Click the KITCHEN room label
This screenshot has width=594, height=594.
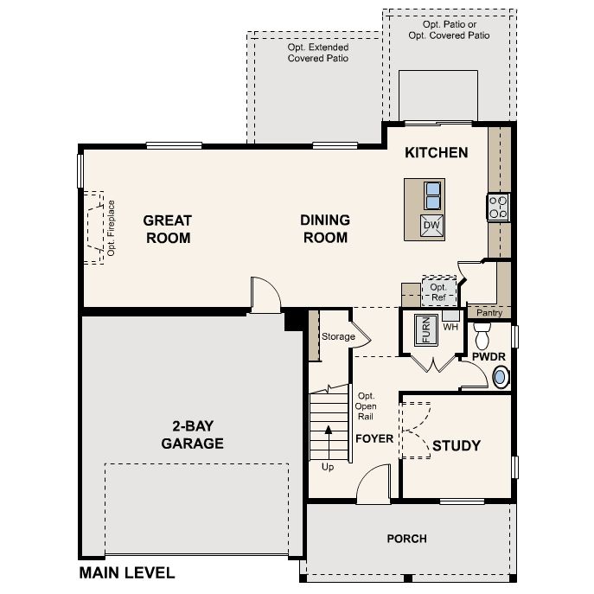pyautogui.click(x=437, y=153)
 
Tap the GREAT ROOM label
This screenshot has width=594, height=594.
pyautogui.click(x=168, y=229)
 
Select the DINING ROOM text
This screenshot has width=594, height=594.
pyautogui.click(x=325, y=229)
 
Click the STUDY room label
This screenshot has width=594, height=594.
pyautogui.click(x=456, y=446)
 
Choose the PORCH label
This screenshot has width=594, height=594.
pyautogui.click(x=406, y=539)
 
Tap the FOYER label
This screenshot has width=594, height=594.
pyautogui.click(x=374, y=438)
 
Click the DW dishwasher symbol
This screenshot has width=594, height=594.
pyautogui.click(x=432, y=227)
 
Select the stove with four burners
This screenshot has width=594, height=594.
pyautogui.click(x=499, y=208)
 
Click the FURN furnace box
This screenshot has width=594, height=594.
pyautogui.click(x=425, y=329)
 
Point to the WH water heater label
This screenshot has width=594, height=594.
pyautogui.click(x=450, y=328)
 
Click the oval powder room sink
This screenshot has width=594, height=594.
pyautogui.click(x=500, y=377)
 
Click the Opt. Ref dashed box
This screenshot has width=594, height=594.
pyautogui.click(x=438, y=291)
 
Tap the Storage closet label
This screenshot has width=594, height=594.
pyautogui.click(x=338, y=336)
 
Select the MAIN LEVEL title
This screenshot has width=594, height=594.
pyautogui.click(x=127, y=572)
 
